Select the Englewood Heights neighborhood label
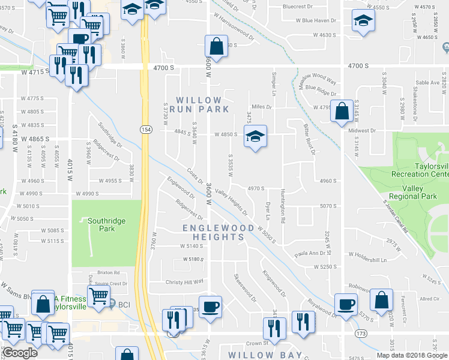point(214,232)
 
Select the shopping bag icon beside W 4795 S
point(342,110)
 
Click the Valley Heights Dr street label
point(231,202)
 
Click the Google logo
point(20,352)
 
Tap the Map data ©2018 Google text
point(412,355)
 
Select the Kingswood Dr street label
point(274,283)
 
